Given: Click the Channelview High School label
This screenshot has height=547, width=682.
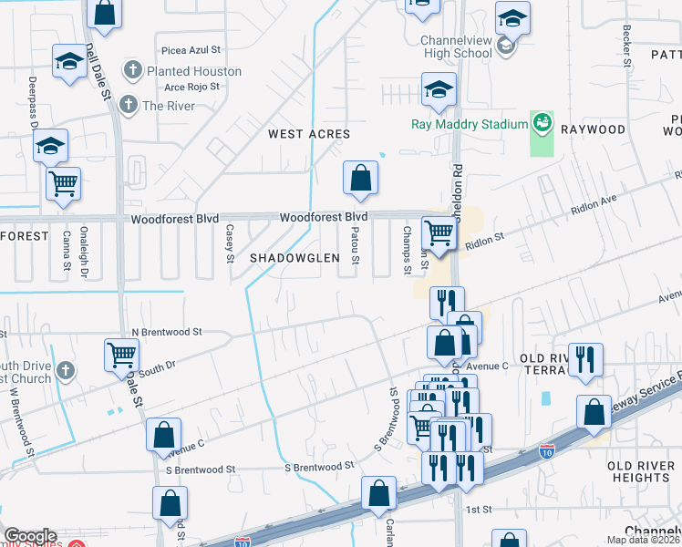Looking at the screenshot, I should click(x=456, y=46).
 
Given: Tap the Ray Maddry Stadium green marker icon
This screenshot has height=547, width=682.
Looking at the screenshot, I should click(x=542, y=122).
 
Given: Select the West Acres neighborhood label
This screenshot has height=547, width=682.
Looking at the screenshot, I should click(x=309, y=134).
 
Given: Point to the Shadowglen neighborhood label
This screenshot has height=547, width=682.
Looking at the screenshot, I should click(x=294, y=258).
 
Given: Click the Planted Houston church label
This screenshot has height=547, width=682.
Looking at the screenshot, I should click(x=193, y=71).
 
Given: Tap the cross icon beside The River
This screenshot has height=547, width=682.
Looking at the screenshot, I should click(x=129, y=105).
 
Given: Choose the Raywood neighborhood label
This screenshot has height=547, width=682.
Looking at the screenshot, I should click(x=593, y=129).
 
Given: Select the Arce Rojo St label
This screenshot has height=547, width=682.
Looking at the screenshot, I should click(x=192, y=88).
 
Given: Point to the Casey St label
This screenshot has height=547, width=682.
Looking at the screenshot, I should click(x=230, y=242).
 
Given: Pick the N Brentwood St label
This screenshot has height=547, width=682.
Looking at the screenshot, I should click(x=166, y=333).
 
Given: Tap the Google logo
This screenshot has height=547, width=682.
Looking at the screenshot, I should click(x=30, y=536).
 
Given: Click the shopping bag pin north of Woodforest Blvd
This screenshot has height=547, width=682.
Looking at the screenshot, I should click(x=360, y=179).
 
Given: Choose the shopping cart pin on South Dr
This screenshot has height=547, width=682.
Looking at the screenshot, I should click(x=121, y=356).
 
